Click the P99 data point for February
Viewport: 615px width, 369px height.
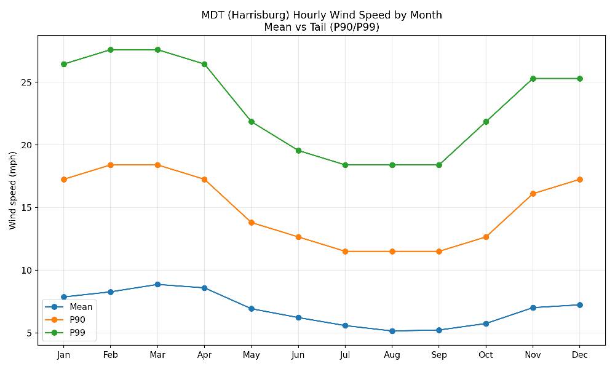[111, 50]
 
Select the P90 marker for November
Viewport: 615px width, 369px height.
[533, 194]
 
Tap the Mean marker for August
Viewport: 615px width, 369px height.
[392, 331]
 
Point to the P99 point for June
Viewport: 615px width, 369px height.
[298, 151]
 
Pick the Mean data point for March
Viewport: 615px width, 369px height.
[157, 284]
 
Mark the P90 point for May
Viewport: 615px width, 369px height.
[251, 223]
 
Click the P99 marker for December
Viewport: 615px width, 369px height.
[579, 79]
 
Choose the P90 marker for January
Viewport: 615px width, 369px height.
[63, 180]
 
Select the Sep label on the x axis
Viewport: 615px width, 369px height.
[438, 355]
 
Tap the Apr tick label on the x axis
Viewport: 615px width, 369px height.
[204, 355]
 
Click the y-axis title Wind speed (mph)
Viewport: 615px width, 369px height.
[13, 190]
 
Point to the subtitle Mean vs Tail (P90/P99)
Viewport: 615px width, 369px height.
[322, 26]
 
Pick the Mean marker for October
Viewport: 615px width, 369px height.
[486, 323]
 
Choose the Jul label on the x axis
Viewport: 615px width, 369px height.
[345, 355]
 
